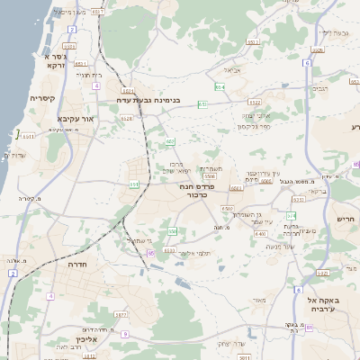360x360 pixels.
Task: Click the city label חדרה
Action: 82,266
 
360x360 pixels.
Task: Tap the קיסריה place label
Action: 42,98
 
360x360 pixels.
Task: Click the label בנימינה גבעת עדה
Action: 151,99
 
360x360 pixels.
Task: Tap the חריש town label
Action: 346,219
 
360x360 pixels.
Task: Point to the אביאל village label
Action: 231,69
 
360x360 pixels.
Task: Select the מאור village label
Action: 261,300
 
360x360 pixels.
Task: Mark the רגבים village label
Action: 320,89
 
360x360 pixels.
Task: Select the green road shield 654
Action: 220,87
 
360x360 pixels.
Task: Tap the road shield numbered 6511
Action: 28,137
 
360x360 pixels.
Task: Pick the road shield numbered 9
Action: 125,334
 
